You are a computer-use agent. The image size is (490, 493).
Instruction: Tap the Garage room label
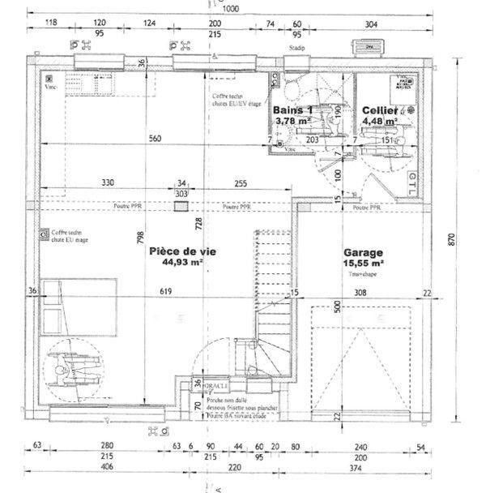pyautogui.click(x=364, y=252)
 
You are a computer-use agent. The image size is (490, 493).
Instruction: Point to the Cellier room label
pyautogui.click(x=379, y=109)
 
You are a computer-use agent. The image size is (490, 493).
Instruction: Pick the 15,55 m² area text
pyautogui.click(x=364, y=264)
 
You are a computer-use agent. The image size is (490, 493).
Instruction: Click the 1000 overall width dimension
pyautogui.click(x=231, y=8)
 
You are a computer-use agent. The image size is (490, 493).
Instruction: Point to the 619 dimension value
pyautogui.click(x=166, y=292)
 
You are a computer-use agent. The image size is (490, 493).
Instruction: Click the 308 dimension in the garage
pyautogui.click(x=360, y=292)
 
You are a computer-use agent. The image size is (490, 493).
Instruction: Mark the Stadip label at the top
pyautogui.click(x=296, y=48)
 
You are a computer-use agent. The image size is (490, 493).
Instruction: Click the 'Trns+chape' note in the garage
pyautogui.click(x=359, y=275)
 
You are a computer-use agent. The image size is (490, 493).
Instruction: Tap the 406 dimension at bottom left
pyautogui.click(x=106, y=468)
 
